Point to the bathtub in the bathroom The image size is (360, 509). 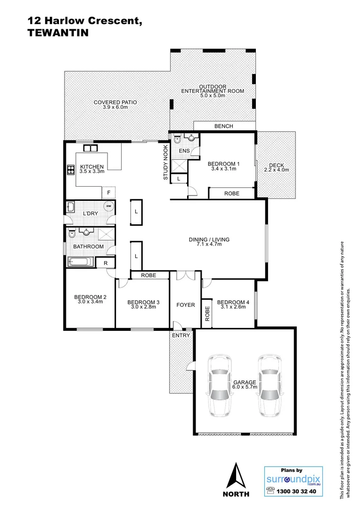81,262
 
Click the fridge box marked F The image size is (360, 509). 109,192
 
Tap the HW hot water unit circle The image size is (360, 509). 108,206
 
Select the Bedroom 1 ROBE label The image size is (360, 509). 231,193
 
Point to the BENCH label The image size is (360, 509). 224,126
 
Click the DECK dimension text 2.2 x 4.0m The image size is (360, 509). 276,170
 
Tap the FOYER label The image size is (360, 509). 186,305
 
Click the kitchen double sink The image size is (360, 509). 90,148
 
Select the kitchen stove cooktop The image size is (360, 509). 71,170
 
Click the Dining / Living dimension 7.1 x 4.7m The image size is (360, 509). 209,244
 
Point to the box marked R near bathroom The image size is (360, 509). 105,263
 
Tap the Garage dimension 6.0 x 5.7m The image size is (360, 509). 245,387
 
